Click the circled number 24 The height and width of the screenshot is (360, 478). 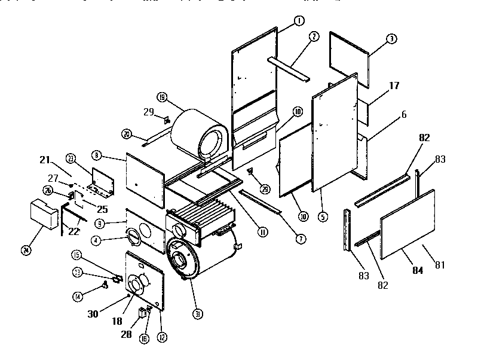point(26,251)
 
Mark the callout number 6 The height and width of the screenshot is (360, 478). point(404,115)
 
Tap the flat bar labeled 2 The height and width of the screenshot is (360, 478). point(289,69)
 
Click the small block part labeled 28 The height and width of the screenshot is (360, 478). point(142,312)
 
